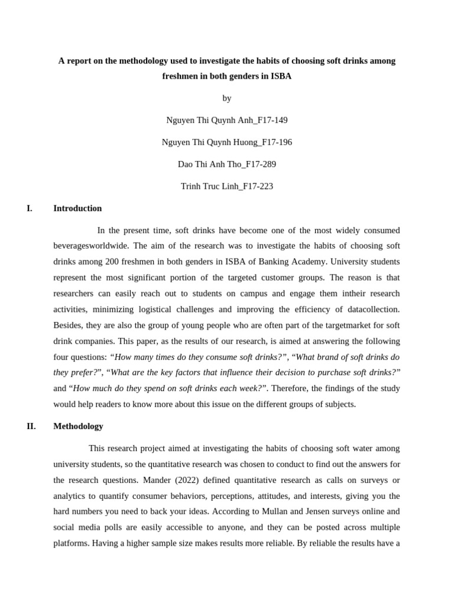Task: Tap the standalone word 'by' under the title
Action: [227, 98]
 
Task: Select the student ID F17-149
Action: [271, 120]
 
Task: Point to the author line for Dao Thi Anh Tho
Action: [227, 164]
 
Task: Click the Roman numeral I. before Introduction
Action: [30, 208]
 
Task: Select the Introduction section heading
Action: [77, 208]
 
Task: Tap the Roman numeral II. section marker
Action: [31, 426]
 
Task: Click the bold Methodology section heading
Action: [78, 426]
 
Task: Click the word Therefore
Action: [291, 388]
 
